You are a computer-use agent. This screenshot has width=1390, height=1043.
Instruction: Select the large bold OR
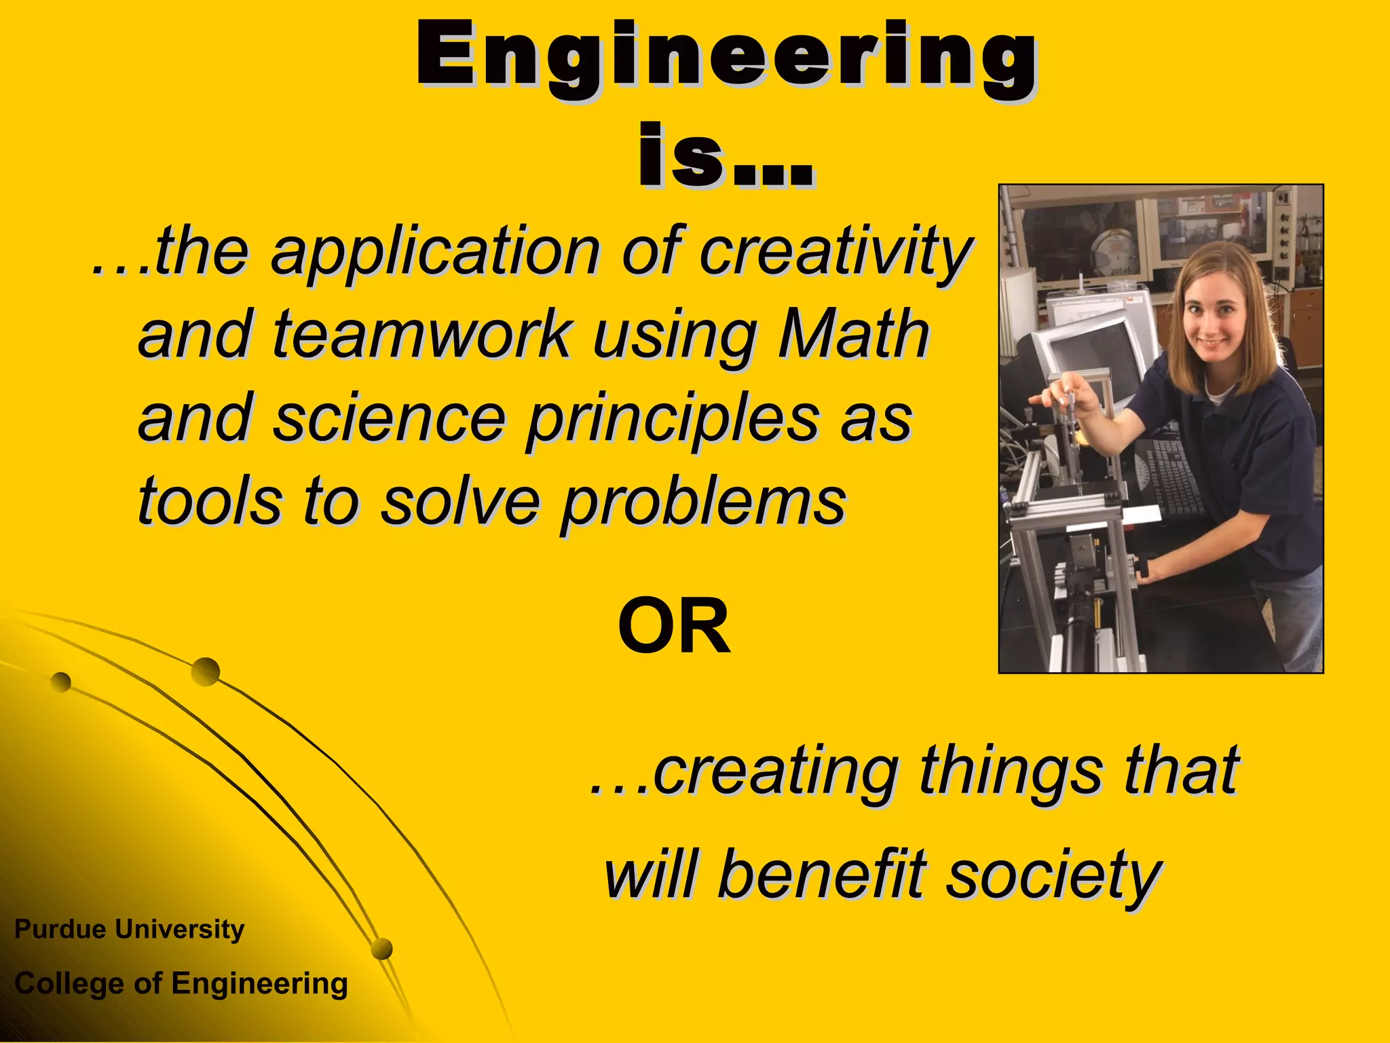pos(674,627)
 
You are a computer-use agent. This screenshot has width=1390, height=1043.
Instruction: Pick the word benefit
pos(821,875)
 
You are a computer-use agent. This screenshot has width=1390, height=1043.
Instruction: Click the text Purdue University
pos(129,929)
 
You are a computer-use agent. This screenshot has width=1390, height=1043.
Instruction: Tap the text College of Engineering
pos(181,983)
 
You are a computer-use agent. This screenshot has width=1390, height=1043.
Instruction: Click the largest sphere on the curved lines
pos(205,672)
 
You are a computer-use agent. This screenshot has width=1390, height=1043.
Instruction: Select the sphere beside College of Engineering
pos(382,949)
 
